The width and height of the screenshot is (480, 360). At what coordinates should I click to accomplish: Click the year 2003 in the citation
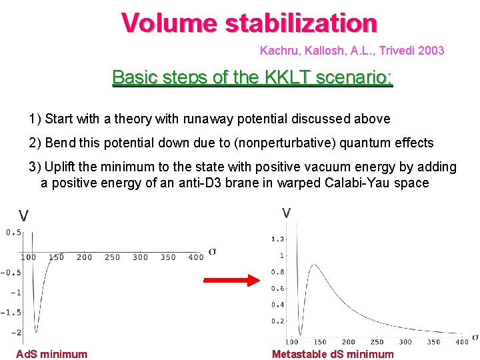(x=431, y=51)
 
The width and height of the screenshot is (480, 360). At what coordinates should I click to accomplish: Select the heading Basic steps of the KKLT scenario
(x=253, y=77)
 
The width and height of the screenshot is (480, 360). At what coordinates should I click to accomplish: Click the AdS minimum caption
(x=51, y=354)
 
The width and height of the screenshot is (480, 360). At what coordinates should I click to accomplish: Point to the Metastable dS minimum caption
(x=333, y=354)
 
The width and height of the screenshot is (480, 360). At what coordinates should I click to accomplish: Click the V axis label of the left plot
(x=23, y=216)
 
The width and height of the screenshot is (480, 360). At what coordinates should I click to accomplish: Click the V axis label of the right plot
(x=286, y=213)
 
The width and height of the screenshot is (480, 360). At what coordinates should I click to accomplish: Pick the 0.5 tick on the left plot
(x=13, y=233)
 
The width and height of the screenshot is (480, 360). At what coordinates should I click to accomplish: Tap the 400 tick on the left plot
(x=196, y=257)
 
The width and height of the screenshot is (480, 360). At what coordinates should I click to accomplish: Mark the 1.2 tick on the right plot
(x=277, y=239)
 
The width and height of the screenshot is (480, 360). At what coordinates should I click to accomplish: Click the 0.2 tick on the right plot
(x=277, y=321)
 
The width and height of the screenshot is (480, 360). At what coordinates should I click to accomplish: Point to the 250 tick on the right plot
(x=377, y=342)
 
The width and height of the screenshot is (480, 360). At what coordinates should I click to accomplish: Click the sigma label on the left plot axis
(x=212, y=251)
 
